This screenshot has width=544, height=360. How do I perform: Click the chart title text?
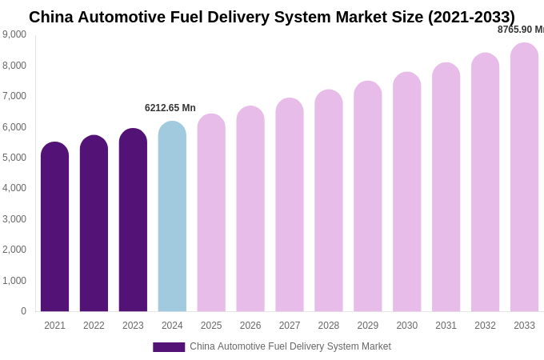pyautogui.click(x=272, y=17)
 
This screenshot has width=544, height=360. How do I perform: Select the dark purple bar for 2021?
pyautogui.click(x=54, y=228)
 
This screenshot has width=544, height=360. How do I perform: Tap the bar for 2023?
pyautogui.click(x=133, y=221)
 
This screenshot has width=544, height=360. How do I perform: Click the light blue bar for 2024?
pyautogui.click(x=172, y=218)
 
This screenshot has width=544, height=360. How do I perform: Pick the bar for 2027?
pyautogui.click(x=290, y=206)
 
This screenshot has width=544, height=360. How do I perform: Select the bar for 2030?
pyautogui.click(x=406, y=193)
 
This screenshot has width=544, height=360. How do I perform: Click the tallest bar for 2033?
pyautogui.click(x=524, y=178)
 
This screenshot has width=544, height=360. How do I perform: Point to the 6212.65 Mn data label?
pyautogui.click(x=170, y=108)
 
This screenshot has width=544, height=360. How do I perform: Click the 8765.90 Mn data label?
pyautogui.click(x=520, y=30)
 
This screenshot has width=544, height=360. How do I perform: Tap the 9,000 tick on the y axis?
pyautogui.click(x=14, y=34)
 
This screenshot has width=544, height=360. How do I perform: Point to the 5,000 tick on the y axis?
pyautogui.click(x=14, y=158)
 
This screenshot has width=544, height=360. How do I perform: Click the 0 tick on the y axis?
pyautogui.click(x=23, y=311)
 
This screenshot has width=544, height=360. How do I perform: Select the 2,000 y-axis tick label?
pyautogui.click(x=14, y=250)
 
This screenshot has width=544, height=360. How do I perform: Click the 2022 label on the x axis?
pyautogui.click(x=94, y=326)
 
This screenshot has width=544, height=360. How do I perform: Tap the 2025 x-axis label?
pyautogui.click(x=211, y=326)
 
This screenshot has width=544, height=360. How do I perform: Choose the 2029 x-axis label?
pyautogui.click(x=368, y=326)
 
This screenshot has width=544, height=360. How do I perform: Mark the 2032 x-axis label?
pyautogui.click(x=485, y=326)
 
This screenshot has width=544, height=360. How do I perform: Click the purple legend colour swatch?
pyautogui.click(x=169, y=347)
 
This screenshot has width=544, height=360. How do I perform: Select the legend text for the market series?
pyautogui.click(x=290, y=346)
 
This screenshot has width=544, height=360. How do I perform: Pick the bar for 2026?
pyautogui.click(x=250, y=210)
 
